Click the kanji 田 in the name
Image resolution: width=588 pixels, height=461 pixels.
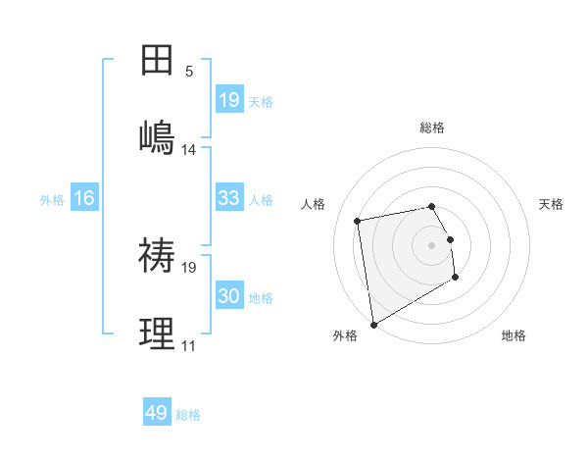(157, 61)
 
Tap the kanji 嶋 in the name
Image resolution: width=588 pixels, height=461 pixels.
(157, 137)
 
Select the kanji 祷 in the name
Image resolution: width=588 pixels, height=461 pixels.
(157, 256)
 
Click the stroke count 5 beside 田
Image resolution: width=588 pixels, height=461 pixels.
(189, 72)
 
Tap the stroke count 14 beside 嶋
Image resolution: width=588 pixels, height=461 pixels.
(189, 150)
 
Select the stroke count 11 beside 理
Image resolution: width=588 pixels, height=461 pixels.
(189, 346)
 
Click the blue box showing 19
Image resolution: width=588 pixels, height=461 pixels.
(229, 100)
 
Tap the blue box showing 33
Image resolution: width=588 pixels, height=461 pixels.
(229, 198)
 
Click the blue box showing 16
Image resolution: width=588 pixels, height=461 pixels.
(84, 198)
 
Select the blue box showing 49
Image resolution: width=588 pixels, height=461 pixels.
(157, 413)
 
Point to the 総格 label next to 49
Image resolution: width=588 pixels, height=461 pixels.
(188, 415)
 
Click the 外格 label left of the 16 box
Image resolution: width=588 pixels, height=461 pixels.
(52, 200)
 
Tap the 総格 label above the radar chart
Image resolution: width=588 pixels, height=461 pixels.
(432, 128)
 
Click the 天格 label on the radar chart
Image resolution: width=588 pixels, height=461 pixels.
(552, 204)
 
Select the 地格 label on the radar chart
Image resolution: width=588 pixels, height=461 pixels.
(514, 336)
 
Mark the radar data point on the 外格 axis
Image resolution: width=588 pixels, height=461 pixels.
(373, 325)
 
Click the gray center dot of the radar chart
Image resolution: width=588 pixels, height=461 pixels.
(432, 244)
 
